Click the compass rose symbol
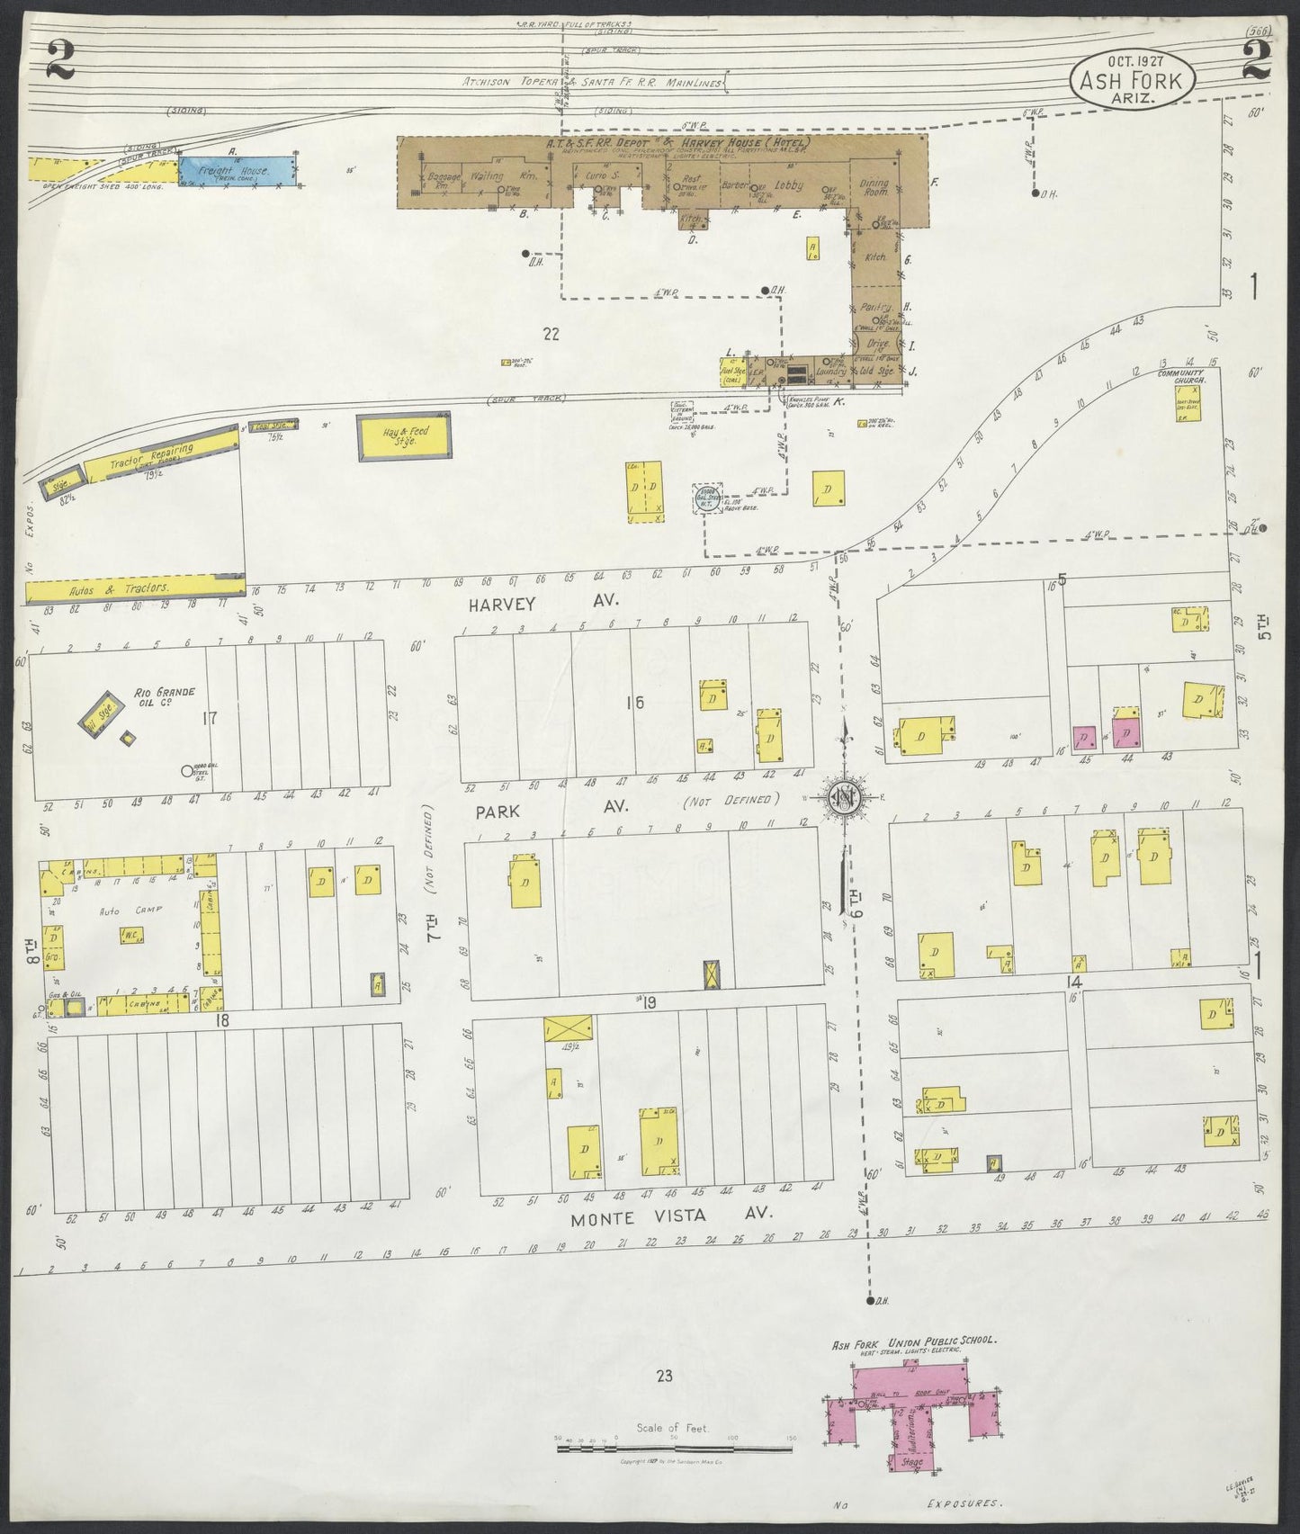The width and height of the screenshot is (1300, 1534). click(844, 797)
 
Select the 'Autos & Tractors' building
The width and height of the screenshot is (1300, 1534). click(135, 588)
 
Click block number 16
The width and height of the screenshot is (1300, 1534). click(636, 704)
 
